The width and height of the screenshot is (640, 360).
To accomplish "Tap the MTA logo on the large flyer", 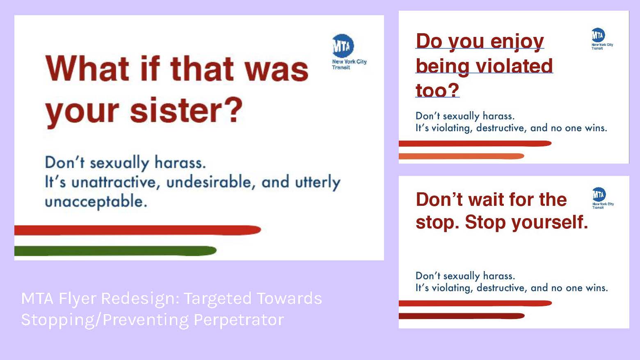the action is tap(343, 46).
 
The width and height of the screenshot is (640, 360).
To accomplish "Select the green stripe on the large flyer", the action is tap(115, 251).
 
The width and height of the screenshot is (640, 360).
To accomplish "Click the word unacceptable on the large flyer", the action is tap(96, 202).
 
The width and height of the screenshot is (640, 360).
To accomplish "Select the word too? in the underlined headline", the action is tap(437, 90).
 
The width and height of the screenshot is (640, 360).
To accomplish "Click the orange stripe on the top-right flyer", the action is tap(462, 156).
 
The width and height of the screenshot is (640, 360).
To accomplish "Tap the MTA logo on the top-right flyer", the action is tap(598, 35).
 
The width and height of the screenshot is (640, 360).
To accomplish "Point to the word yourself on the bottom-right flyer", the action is tap(550, 223).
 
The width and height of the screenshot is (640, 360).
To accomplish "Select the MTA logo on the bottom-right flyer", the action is tap(599, 194).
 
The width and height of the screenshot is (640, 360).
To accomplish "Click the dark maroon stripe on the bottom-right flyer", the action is tap(462, 316).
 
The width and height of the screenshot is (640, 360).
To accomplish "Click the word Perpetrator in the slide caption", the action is tap(239, 320).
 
